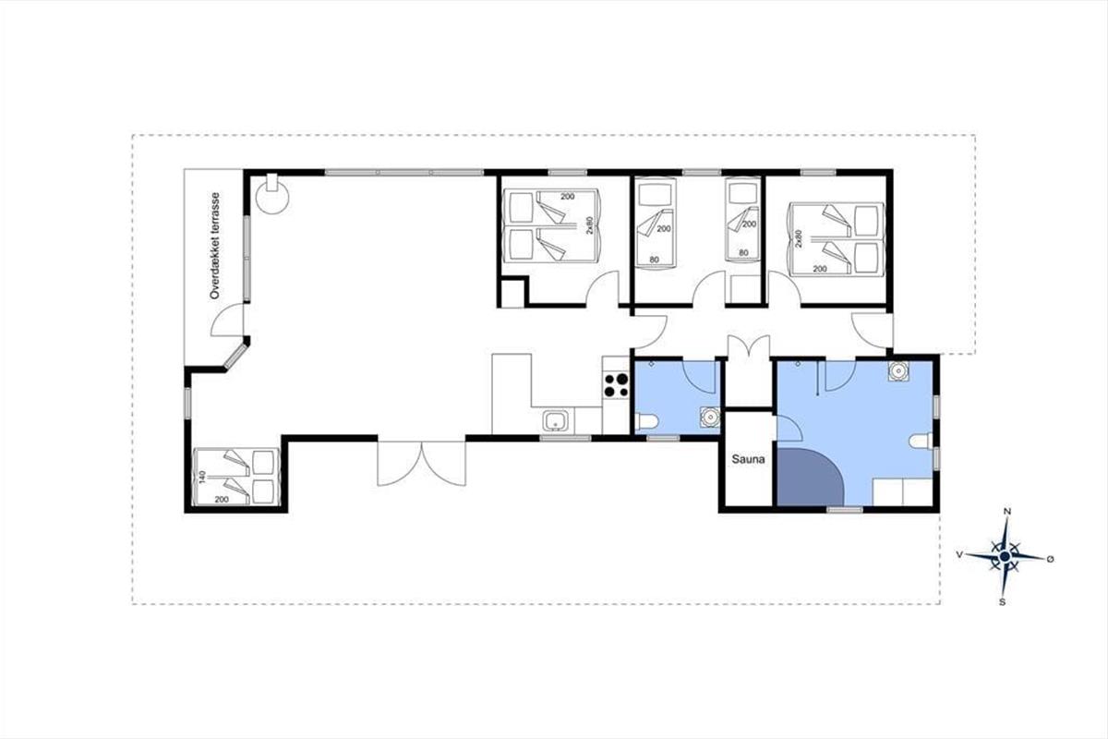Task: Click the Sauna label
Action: [x=748, y=459]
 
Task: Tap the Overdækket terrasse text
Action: [x=214, y=246]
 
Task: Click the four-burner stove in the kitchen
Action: [x=617, y=385]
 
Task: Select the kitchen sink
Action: [x=556, y=421]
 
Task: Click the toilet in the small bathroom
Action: [x=646, y=422]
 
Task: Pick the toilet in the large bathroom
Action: [x=921, y=441]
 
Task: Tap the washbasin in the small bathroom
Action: [x=710, y=417]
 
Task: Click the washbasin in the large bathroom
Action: [x=897, y=370]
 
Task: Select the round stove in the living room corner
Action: [x=272, y=197]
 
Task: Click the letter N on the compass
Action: [x=1006, y=512]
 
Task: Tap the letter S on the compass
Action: [x=1002, y=602]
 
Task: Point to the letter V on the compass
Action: [x=959, y=555]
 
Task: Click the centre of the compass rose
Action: [x=1005, y=557]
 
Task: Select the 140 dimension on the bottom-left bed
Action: [x=202, y=478]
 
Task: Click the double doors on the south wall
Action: [x=421, y=462]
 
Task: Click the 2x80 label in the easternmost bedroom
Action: [x=798, y=238]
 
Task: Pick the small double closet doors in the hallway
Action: [x=749, y=345]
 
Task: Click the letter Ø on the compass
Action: [x=1050, y=559]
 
